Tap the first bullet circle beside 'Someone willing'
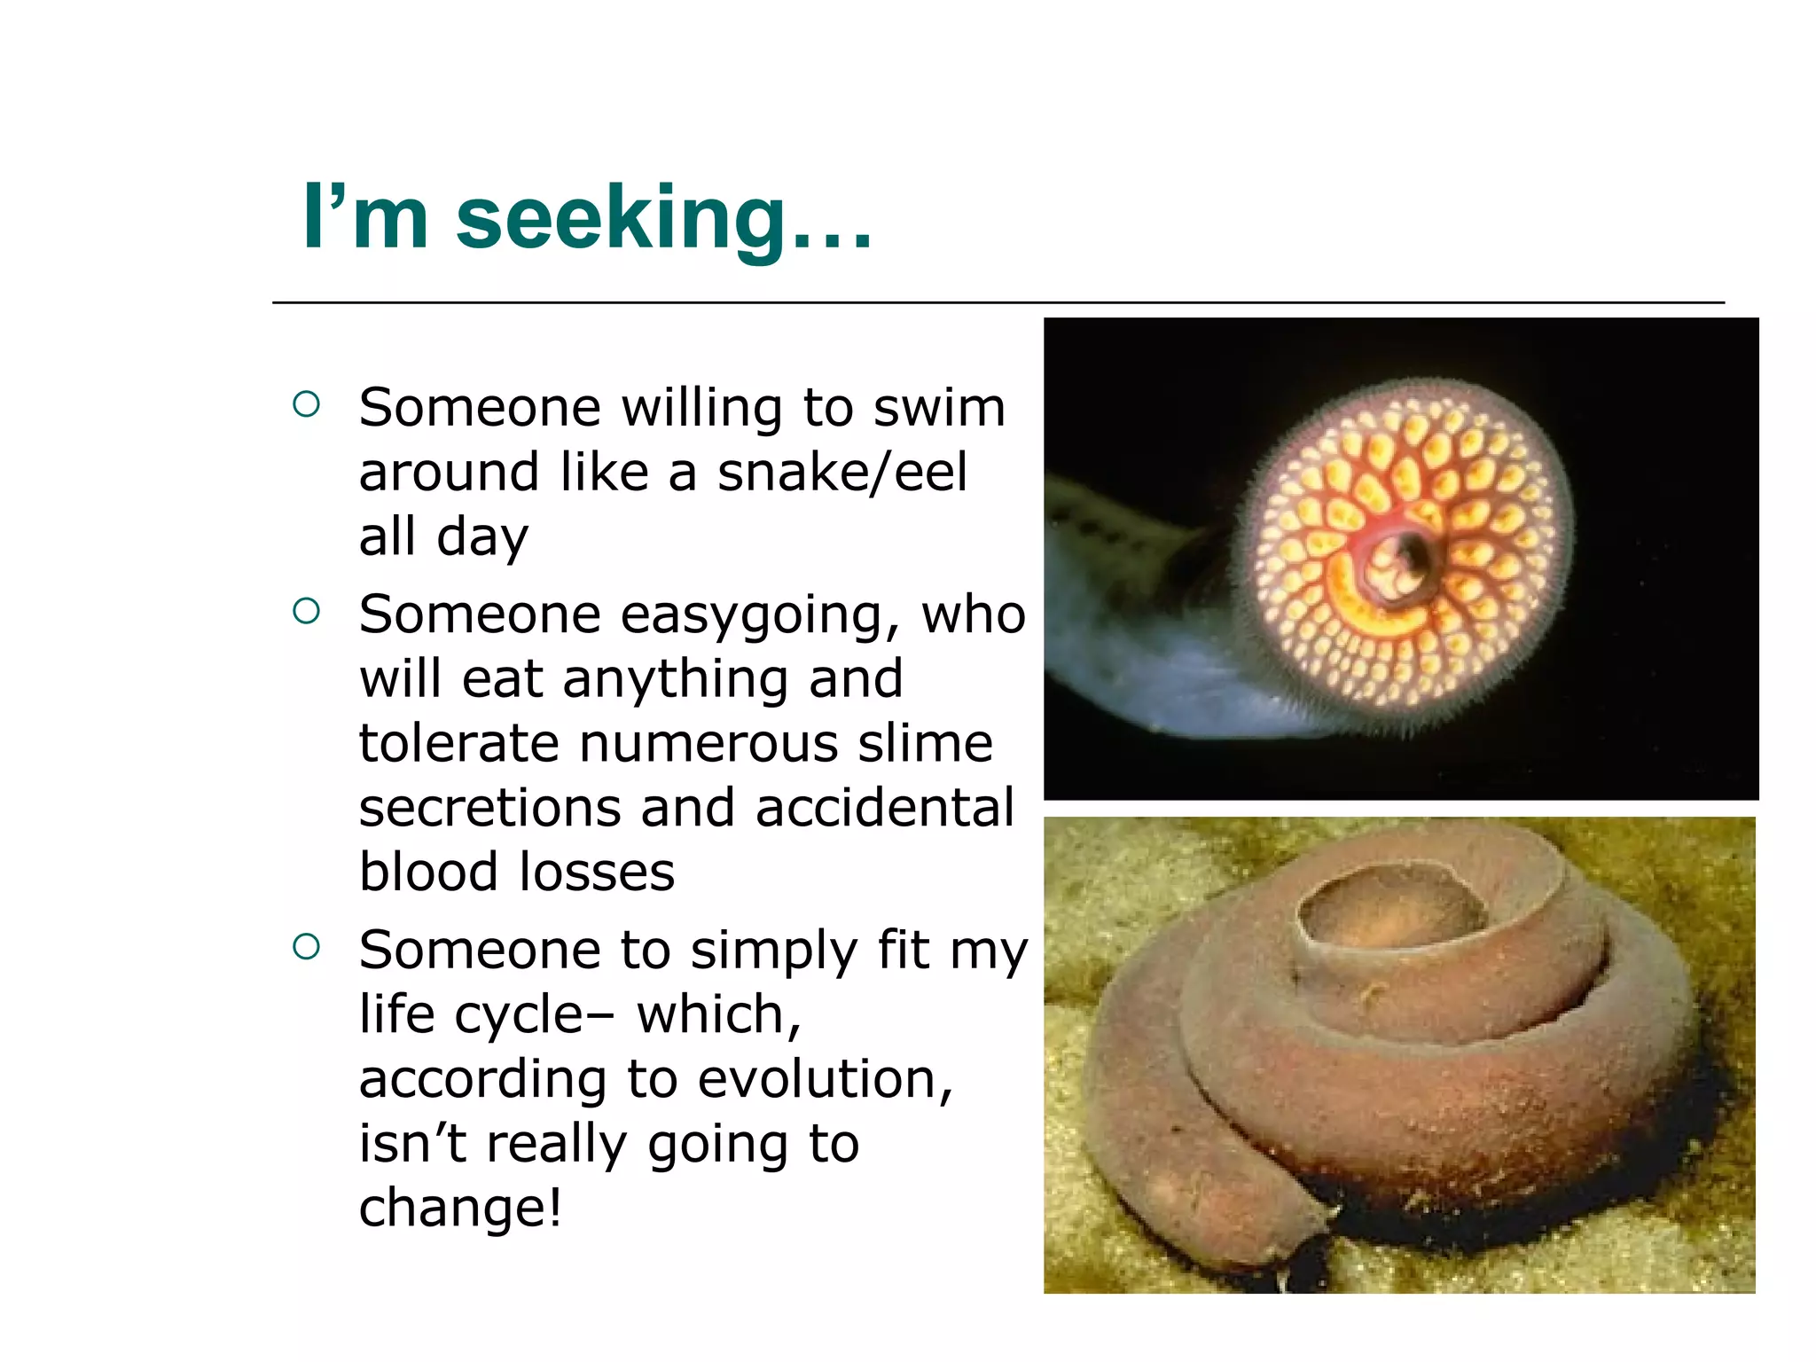(x=306, y=405)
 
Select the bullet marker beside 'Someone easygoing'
(x=306, y=611)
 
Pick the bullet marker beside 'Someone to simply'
(x=306, y=947)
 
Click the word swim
(x=939, y=408)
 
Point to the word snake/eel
(x=841, y=472)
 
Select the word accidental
(x=884, y=808)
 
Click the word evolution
(x=825, y=1079)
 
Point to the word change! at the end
(x=460, y=1208)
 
